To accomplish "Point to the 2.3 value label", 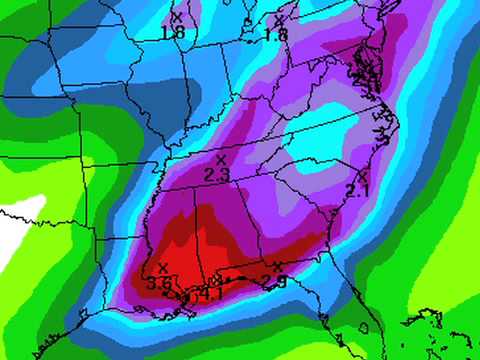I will click(x=217, y=175).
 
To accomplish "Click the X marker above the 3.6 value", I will click(x=162, y=268).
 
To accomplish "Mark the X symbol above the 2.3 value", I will click(x=220, y=160).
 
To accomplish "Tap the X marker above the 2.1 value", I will click(x=362, y=176).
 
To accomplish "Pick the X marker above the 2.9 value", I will click(x=277, y=267).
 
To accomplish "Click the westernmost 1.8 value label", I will click(x=173, y=33).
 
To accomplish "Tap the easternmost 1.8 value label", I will click(x=275, y=35).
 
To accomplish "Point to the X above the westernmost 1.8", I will click(x=177, y=17).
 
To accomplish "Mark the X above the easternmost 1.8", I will click(x=279, y=20).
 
